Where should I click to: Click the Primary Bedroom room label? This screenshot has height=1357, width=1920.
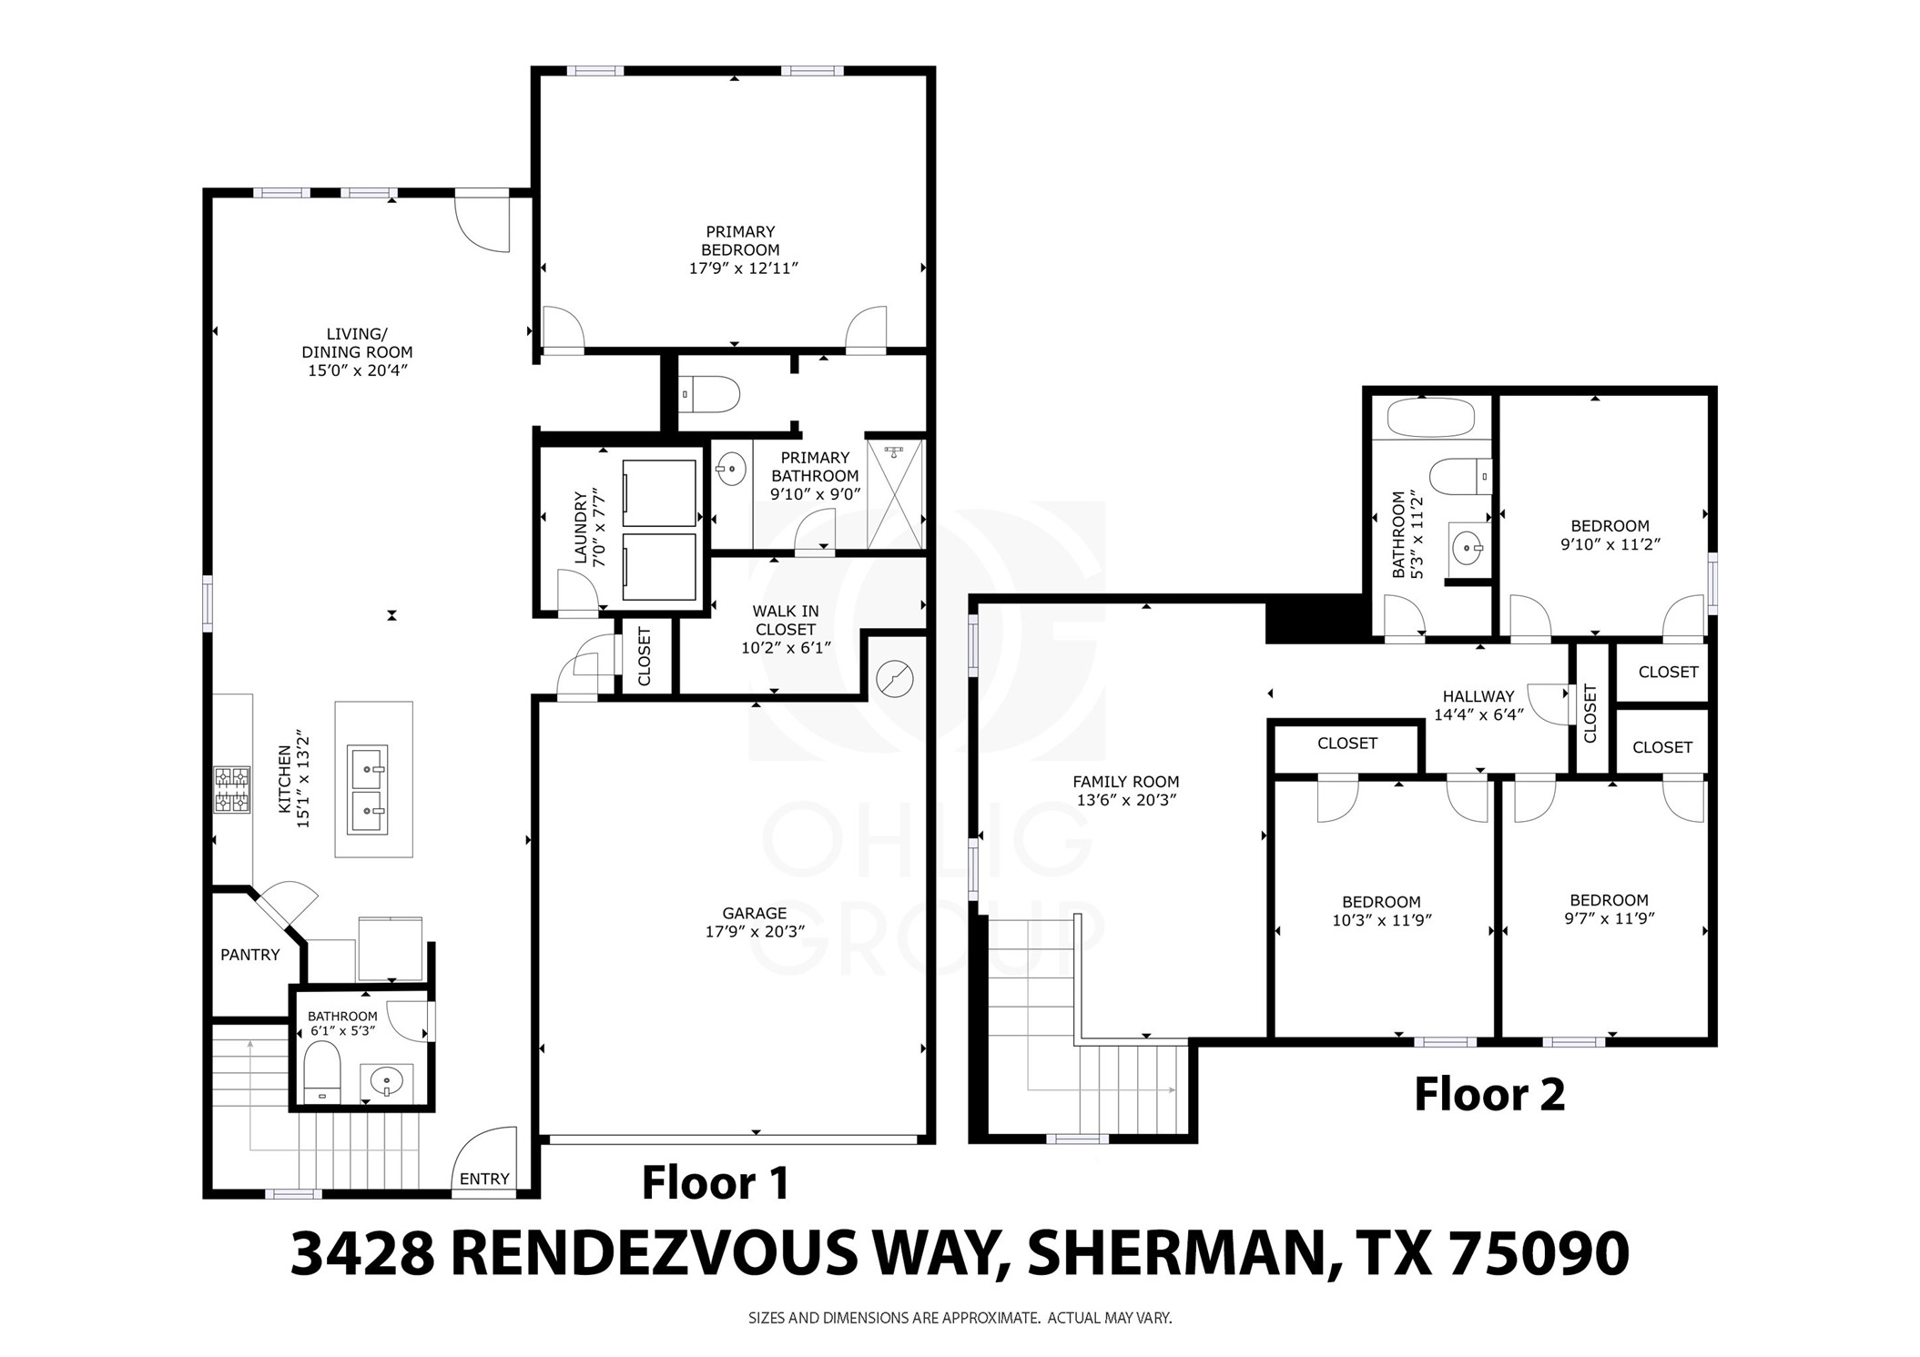click(x=739, y=240)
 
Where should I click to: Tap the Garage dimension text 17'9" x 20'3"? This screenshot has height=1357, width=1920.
click(x=754, y=932)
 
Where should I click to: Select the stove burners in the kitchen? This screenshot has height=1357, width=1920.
click(x=232, y=789)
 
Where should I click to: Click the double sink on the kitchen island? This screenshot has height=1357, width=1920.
click(x=369, y=790)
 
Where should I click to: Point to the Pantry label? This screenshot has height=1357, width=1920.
click(x=249, y=955)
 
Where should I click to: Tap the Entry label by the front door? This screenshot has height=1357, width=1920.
click(x=483, y=1179)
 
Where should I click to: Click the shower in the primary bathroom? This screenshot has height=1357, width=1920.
click(x=895, y=494)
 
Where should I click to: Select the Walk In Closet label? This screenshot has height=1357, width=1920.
click(x=785, y=621)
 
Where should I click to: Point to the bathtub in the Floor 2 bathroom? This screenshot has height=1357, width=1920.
click(x=1429, y=420)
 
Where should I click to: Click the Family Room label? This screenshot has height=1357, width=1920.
click(x=1125, y=781)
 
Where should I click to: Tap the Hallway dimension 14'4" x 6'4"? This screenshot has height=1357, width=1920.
click(x=1478, y=715)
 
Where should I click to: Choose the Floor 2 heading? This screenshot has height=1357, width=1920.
click(x=1488, y=1094)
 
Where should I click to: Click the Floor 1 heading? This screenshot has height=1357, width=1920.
click(x=715, y=1182)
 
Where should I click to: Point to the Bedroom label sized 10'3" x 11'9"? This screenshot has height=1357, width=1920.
click(x=1381, y=902)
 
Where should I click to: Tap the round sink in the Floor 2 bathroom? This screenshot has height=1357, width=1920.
click(x=1467, y=548)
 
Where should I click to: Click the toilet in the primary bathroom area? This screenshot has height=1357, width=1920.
click(x=712, y=394)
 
